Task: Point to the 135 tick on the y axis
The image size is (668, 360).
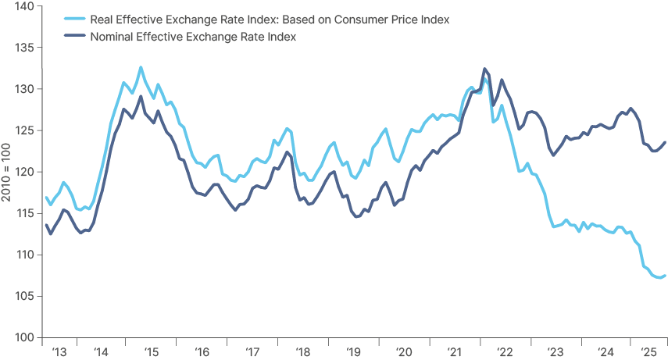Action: (x=22, y=48)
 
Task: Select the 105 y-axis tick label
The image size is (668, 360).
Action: (x=22, y=296)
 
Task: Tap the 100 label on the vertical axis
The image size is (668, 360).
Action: (x=22, y=337)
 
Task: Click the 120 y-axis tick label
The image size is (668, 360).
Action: (x=22, y=172)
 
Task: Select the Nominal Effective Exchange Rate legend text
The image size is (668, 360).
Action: (x=194, y=37)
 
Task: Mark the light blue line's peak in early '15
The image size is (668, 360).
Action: (x=141, y=67)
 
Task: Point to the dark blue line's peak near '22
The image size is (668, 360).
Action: (x=485, y=69)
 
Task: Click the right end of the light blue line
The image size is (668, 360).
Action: (x=665, y=275)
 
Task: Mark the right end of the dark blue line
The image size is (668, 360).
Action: (x=665, y=142)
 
